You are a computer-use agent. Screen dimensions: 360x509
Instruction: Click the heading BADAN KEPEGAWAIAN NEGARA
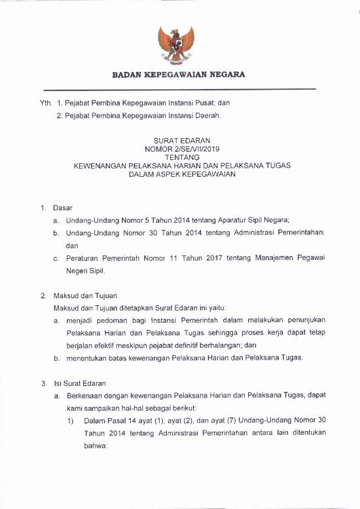click(179, 75)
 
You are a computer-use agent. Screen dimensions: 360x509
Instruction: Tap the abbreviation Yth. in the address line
click(46, 103)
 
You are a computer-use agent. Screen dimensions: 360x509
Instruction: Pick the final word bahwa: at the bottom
click(96, 445)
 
